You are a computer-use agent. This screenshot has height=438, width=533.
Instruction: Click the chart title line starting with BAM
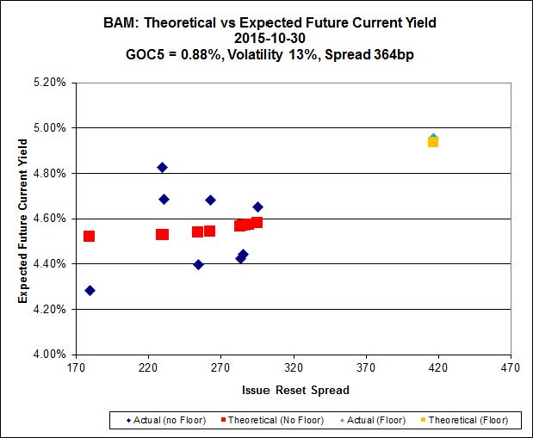[265, 22]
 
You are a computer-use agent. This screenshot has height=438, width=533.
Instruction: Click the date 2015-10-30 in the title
[265, 38]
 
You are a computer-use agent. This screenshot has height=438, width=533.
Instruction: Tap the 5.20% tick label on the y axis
[48, 83]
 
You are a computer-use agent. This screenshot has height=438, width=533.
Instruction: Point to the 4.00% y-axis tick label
[48, 354]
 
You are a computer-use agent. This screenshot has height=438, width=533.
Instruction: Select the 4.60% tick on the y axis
[48, 219]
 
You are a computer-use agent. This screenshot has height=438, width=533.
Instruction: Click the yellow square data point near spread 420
[433, 141]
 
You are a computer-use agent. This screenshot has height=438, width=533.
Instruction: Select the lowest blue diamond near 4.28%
[90, 291]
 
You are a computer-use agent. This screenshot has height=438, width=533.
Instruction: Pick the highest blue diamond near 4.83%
[162, 167]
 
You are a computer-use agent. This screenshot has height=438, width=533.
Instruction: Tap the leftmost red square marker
[89, 236]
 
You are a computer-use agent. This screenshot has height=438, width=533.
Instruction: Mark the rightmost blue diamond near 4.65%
[257, 207]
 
